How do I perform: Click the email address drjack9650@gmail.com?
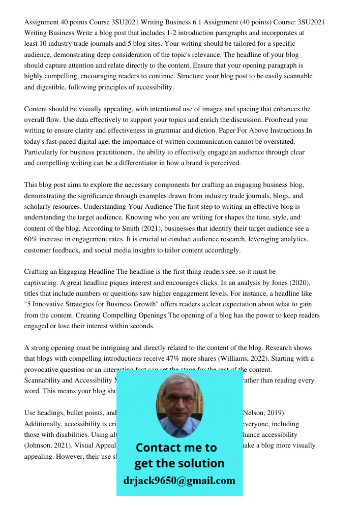click(179, 481)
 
